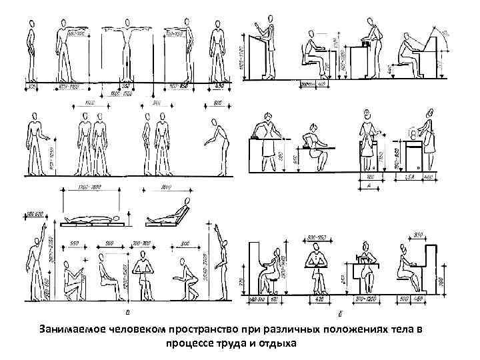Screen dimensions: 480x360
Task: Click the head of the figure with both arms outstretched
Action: pyautogui.click(x=125, y=24)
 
